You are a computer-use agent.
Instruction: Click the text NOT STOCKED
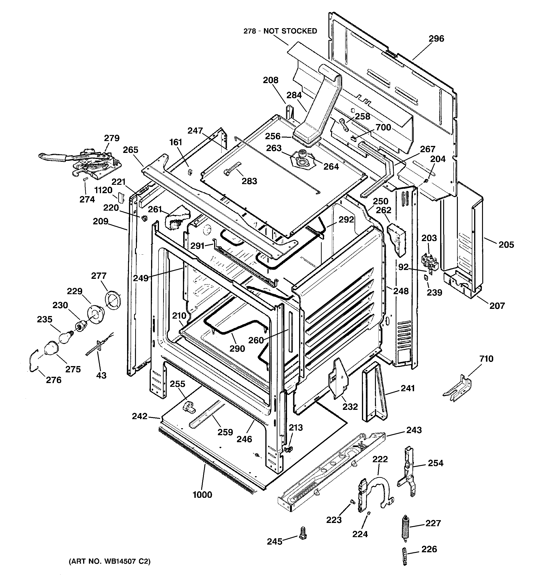point(290,31)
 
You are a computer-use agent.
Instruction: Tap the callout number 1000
point(202,495)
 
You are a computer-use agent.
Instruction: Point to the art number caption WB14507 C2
point(110,562)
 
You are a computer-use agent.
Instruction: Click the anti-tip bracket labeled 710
point(457,389)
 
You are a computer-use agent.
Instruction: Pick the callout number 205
point(506,245)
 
